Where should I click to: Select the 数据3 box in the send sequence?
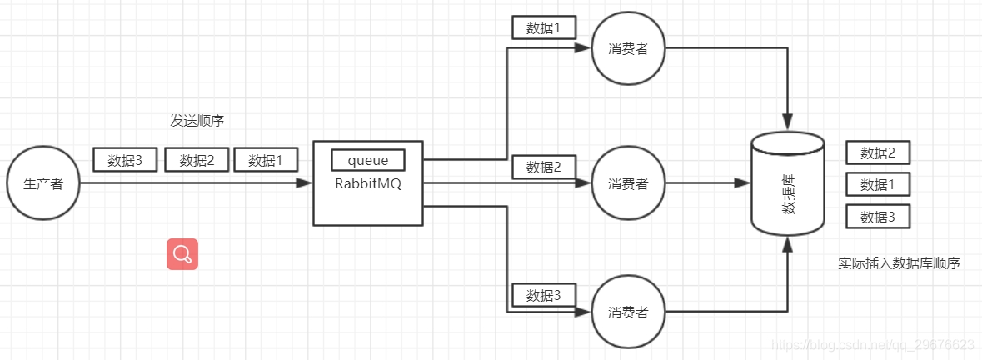(x=126, y=160)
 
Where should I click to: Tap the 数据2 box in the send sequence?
(x=197, y=160)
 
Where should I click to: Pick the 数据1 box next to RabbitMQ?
(x=266, y=160)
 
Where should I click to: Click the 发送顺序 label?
(x=197, y=121)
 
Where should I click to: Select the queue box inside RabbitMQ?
(x=367, y=160)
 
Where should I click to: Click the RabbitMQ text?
(x=367, y=184)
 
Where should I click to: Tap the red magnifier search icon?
(x=182, y=253)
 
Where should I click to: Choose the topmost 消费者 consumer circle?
(x=628, y=48)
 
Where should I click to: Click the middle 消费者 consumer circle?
(x=628, y=183)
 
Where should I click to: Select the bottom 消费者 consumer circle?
(x=628, y=312)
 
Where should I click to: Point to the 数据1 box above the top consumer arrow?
(x=544, y=27)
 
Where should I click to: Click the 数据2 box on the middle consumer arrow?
(x=544, y=167)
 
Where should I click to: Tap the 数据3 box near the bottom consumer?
(x=544, y=295)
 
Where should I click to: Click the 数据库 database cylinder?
(x=787, y=183)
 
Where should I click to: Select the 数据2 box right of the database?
(x=878, y=152)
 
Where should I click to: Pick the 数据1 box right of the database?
(x=878, y=184)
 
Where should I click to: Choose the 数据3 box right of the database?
(x=878, y=217)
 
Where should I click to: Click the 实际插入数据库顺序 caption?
(x=899, y=263)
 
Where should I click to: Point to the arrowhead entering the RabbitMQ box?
(x=305, y=183)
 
